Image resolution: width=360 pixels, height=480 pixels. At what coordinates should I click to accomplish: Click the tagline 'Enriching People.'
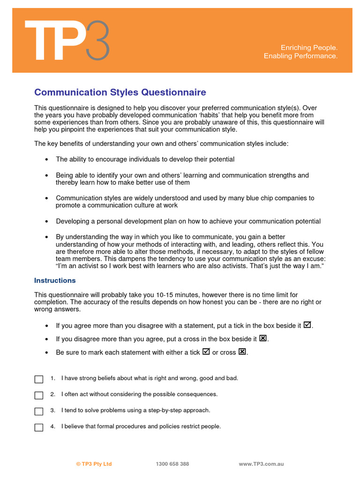coord(309,47)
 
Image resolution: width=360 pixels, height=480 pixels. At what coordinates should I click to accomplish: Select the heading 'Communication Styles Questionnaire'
coord(120,92)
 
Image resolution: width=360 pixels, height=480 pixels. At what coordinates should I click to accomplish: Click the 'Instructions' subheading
coord(55,280)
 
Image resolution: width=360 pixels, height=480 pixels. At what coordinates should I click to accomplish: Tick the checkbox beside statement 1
coord(39,379)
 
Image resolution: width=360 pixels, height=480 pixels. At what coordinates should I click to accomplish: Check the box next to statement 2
coord(39,395)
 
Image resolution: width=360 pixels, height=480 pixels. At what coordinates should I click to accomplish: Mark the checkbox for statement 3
coord(39,411)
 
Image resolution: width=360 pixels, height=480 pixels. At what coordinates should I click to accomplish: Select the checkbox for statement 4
coord(39,427)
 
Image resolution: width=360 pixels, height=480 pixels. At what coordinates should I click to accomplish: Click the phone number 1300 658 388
coord(172,464)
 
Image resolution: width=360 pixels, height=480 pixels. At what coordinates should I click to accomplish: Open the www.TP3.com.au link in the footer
coord(261,464)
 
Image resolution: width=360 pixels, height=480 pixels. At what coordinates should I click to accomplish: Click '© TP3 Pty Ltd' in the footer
coord(94,464)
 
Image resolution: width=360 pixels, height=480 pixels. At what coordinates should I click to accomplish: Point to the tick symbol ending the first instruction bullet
coord(307,324)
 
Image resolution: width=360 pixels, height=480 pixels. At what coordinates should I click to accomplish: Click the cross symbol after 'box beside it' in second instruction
coord(263,338)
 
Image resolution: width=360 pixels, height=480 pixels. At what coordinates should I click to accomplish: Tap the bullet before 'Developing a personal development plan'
coord(46,221)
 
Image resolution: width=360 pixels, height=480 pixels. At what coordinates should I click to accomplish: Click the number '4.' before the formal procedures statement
coord(53,426)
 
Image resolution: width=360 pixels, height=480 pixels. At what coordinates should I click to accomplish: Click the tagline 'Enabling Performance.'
coord(300,56)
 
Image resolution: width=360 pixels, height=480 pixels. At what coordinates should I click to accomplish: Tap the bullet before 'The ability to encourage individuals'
coord(46,159)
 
